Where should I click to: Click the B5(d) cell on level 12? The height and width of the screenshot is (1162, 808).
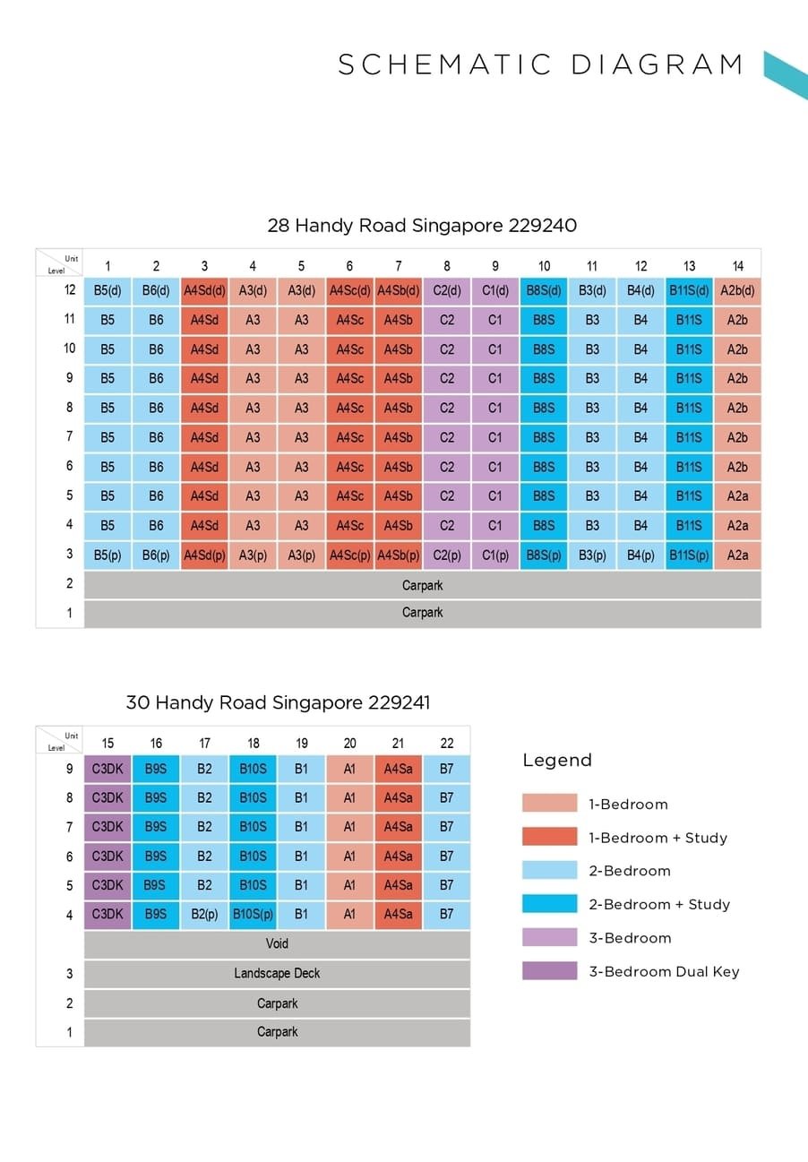click(x=107, y=290)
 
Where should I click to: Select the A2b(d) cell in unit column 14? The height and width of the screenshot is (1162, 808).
click(x=737, y=290)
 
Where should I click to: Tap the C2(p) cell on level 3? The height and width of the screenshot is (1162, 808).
click(x=446, y=555)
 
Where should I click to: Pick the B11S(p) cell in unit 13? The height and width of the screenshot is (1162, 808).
click(x=689, y=555)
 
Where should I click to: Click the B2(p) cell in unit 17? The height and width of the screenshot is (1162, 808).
click(x=204, y=915)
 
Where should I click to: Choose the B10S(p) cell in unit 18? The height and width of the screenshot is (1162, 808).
click(x=253, y=915)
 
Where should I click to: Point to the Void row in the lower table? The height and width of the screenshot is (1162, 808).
click(x=277, y=944)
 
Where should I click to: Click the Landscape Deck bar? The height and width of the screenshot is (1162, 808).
click(x=277, y=974)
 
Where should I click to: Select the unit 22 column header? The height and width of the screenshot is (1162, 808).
click(x=446, y=743)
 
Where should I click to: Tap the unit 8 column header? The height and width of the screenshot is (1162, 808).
click(x=446, y=266)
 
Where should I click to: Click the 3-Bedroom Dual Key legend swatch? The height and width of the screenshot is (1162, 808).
click(x=550, y=971)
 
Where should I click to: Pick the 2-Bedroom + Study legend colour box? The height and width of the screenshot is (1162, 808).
click(x=550, y=904)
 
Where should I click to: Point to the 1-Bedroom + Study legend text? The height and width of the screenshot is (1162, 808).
click(x=658, y=838)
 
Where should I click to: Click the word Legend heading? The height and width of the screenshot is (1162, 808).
click(x=557, y=761)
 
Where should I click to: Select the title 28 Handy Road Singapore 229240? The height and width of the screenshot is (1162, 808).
click(x=422, y=226)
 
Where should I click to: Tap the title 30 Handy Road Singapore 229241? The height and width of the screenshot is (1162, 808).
click(x=278, y=702)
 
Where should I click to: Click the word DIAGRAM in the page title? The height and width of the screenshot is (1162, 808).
click(x=657, y=65)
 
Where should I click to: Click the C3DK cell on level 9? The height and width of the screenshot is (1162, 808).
click(x=107, y=769)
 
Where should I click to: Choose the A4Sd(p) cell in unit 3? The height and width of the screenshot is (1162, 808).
click(x=204, y=555)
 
